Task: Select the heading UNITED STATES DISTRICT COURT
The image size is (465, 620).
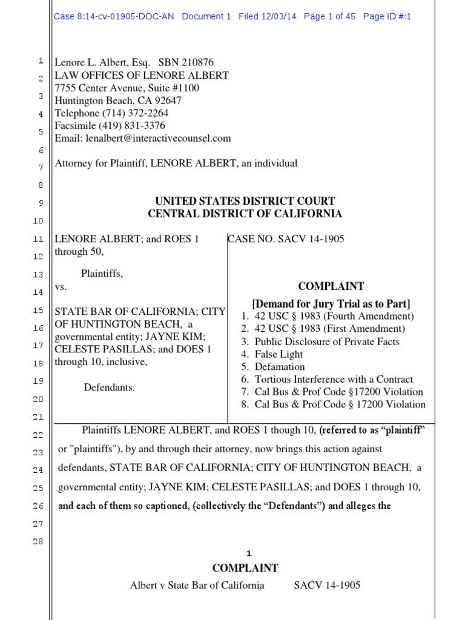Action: pyautogui.click(x=245, y=201)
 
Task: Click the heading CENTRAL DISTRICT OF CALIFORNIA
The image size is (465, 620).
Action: pyautogui.click(x=245, y=214)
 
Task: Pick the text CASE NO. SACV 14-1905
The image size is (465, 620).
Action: pyautogui.click(x=286, y=239)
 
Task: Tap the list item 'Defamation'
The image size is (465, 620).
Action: pyautogui.click(x=280, y=367)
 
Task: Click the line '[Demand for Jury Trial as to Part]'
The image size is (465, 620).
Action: pyautogui.click(x=331, y=303)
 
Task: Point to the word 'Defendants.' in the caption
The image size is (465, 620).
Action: pyautogui.click(x=110, y=387)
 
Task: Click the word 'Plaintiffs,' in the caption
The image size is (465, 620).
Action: pyautogui.click(x=102, y=273)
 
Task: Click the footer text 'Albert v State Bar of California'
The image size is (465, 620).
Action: pyautogui.click(x=197, y=585)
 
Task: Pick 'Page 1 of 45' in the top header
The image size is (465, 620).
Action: pyautogui.click(x=329, y=17)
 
